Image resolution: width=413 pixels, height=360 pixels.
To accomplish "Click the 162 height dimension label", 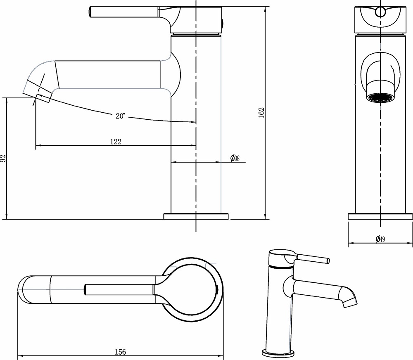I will coord(261,112).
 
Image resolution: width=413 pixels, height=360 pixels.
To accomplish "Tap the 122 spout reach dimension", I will coord(116,142).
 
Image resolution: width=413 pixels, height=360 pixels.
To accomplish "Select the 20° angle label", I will coord(120,116).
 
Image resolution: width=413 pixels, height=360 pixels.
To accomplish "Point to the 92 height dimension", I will coord(3,159).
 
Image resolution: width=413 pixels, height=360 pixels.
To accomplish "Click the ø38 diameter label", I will coord(235,158).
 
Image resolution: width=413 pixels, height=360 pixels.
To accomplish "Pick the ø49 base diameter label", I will coord(380,239).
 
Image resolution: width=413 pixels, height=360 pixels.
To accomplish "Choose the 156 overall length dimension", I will coord(120,352).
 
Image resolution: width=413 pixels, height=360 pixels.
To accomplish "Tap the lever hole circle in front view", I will coord(380,12).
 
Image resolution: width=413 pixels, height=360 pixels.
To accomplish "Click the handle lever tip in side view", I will coord(92,12).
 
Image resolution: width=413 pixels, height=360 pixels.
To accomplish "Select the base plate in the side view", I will coord(196,216).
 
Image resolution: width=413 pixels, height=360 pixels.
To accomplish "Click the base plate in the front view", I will coord(380,216).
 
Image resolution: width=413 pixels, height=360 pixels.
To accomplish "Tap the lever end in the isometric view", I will coord(328,261).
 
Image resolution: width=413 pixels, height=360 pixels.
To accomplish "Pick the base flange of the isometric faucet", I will coord(278,353).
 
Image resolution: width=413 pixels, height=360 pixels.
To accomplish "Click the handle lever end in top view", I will coord(86,289).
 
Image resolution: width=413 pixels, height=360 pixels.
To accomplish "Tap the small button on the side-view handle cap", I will coord(223,23).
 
